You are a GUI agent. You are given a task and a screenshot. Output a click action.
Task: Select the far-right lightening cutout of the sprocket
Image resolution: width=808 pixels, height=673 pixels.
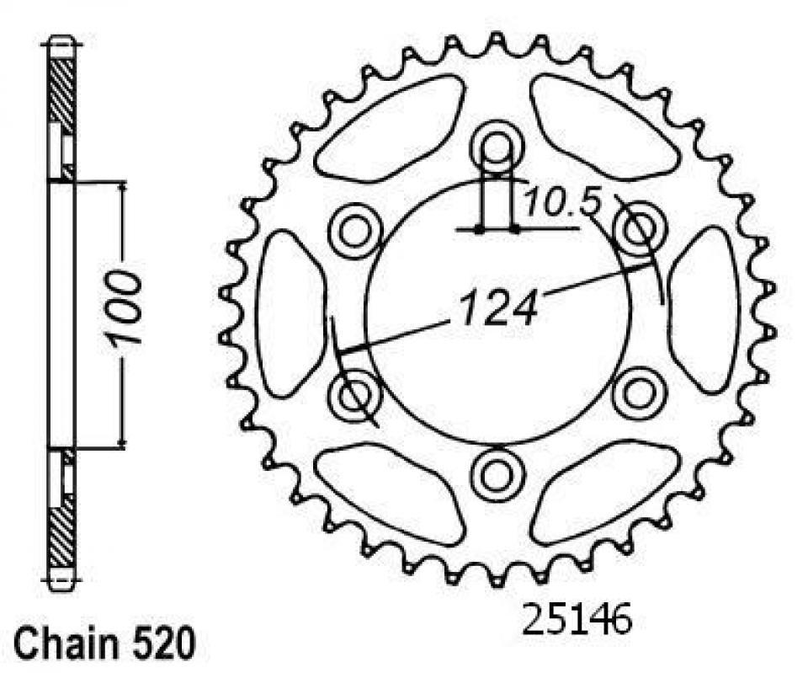point(703,309)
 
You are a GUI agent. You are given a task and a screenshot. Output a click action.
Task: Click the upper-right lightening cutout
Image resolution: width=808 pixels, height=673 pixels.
point(604,126)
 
